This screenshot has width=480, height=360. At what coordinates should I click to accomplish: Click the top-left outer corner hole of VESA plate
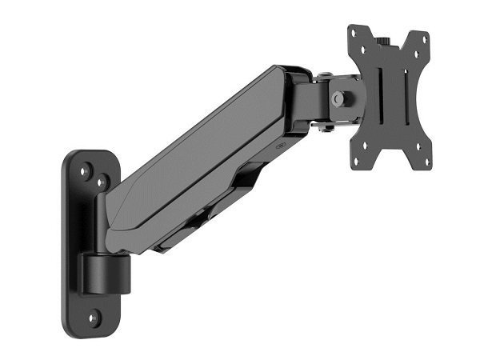click(358, 34)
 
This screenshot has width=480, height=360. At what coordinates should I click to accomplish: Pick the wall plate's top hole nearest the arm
click(103, 183)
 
